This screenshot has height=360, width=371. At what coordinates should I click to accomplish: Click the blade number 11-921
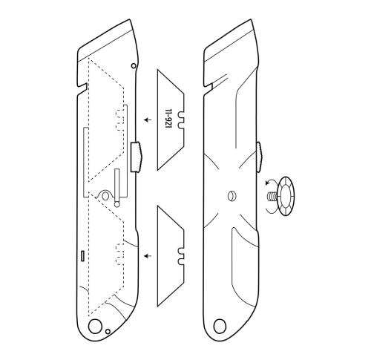pyautogui.click(x=168, y=119)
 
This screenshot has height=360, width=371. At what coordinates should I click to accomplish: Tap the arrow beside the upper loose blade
pyautogui.click(x=148, y=120)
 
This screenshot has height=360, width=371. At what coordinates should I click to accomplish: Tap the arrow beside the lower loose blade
pyautogui.click(x=148, y=255)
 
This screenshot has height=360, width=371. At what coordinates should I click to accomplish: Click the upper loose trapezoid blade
pyautogui.click(x=171, y=120)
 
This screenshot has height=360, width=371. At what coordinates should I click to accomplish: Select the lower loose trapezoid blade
pyautogui.click(x=171, y=256)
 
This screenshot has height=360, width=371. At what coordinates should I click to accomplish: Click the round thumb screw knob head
pyautogui.click(x=286, y=197)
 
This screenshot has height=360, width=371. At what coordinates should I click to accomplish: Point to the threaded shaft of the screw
pyautogui.click(x=272, y=197)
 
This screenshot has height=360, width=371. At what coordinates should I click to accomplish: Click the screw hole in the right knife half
pyautogui.click(x=232, y=197)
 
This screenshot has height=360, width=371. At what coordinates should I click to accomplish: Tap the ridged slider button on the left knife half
pyautogui.click(x=137, y=157)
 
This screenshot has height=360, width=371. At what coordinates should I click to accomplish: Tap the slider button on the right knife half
pyautogui.click(x=259, y=157)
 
